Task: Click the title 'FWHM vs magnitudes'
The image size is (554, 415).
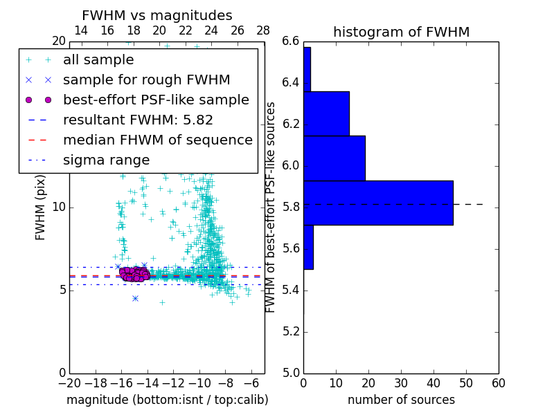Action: click(157, 16)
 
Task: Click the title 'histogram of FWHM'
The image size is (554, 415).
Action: click(401, 33)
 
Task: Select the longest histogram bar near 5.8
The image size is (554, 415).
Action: click(378, 203)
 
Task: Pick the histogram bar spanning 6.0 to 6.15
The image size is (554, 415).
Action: click(334, 158)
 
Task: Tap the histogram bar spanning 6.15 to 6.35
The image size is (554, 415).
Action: click(326, 113)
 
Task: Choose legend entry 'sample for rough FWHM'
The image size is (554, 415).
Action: click(146, 80)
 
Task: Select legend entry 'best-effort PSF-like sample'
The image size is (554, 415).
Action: click(156, 100)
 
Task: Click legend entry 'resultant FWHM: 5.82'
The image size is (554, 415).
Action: click(138, 120)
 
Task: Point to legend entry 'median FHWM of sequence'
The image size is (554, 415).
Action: click(157, 140)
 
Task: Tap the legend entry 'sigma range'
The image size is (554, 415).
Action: click(106, 160)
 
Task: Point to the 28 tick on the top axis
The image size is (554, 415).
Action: click(263, 31)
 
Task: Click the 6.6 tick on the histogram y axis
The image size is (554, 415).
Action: click(292, 41)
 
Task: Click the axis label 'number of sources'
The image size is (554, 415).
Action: click(401, 400)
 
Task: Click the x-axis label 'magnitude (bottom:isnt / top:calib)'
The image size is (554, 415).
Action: click(167, 400)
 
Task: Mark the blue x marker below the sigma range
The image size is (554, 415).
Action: click(135, 298)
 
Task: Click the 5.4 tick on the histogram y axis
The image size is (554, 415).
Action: click(292, 290)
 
